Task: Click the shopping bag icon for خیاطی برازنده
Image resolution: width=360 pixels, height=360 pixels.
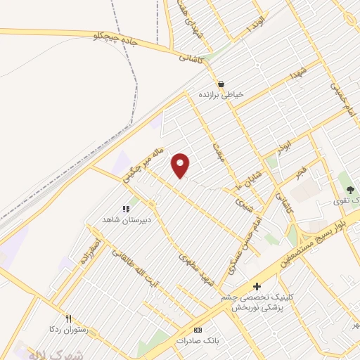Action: [x=221, y=83]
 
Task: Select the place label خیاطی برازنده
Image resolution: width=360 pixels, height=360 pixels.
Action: [x=220, y=94]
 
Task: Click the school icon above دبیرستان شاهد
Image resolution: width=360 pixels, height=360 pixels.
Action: [x=127, y=209]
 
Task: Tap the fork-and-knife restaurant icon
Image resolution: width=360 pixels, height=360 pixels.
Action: [x=68, y=318]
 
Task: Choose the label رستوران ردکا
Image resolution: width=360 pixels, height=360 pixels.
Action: [x=67, y=329]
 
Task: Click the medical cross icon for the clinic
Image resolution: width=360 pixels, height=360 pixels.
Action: [x=257, y=286]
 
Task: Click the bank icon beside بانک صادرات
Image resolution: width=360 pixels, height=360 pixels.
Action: [x=198, y=330]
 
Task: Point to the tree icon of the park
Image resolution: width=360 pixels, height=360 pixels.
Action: [x=349, y=190]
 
